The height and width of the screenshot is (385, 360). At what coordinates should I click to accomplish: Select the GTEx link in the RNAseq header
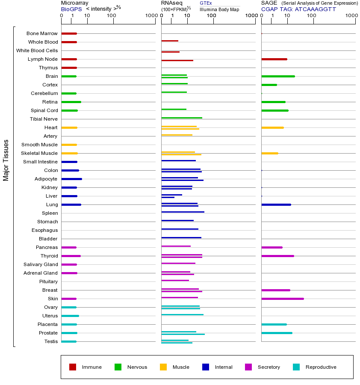[x=206, y=3]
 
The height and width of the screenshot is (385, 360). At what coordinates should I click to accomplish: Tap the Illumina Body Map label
[x=219, y=9]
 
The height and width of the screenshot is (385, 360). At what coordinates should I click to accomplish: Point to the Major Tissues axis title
[x=6, y=160]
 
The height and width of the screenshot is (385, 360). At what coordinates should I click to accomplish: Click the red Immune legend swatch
[x=73, y=367]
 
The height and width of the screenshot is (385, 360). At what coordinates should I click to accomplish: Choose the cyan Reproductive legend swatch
[x=296, y=367]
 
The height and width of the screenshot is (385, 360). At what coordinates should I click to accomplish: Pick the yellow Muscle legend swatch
[x=163, y=367]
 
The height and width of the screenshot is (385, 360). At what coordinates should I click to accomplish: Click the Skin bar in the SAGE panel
[x=282, y=299]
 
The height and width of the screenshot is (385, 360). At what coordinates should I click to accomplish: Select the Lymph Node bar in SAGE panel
[x=274, y=59]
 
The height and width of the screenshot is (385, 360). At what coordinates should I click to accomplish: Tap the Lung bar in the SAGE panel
[x=276, y=204]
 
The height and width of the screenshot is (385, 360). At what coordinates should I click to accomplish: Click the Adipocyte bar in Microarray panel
[x=71, y=179]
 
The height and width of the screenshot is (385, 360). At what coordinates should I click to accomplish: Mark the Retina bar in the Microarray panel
[x=71, y=102]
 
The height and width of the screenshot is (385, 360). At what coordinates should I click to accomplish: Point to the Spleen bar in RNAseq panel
[x=183, y=212]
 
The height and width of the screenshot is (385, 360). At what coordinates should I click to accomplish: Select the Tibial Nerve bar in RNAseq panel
[x=182, y=118]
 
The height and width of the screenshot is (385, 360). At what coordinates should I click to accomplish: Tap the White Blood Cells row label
[x=37, y=50]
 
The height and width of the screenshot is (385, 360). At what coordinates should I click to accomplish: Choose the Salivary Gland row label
[x=41, y=264]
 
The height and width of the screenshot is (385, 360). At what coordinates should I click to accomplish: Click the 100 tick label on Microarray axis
[x=112, y=16]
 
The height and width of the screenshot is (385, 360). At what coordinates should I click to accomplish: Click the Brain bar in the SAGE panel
[x=278, y=76]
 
